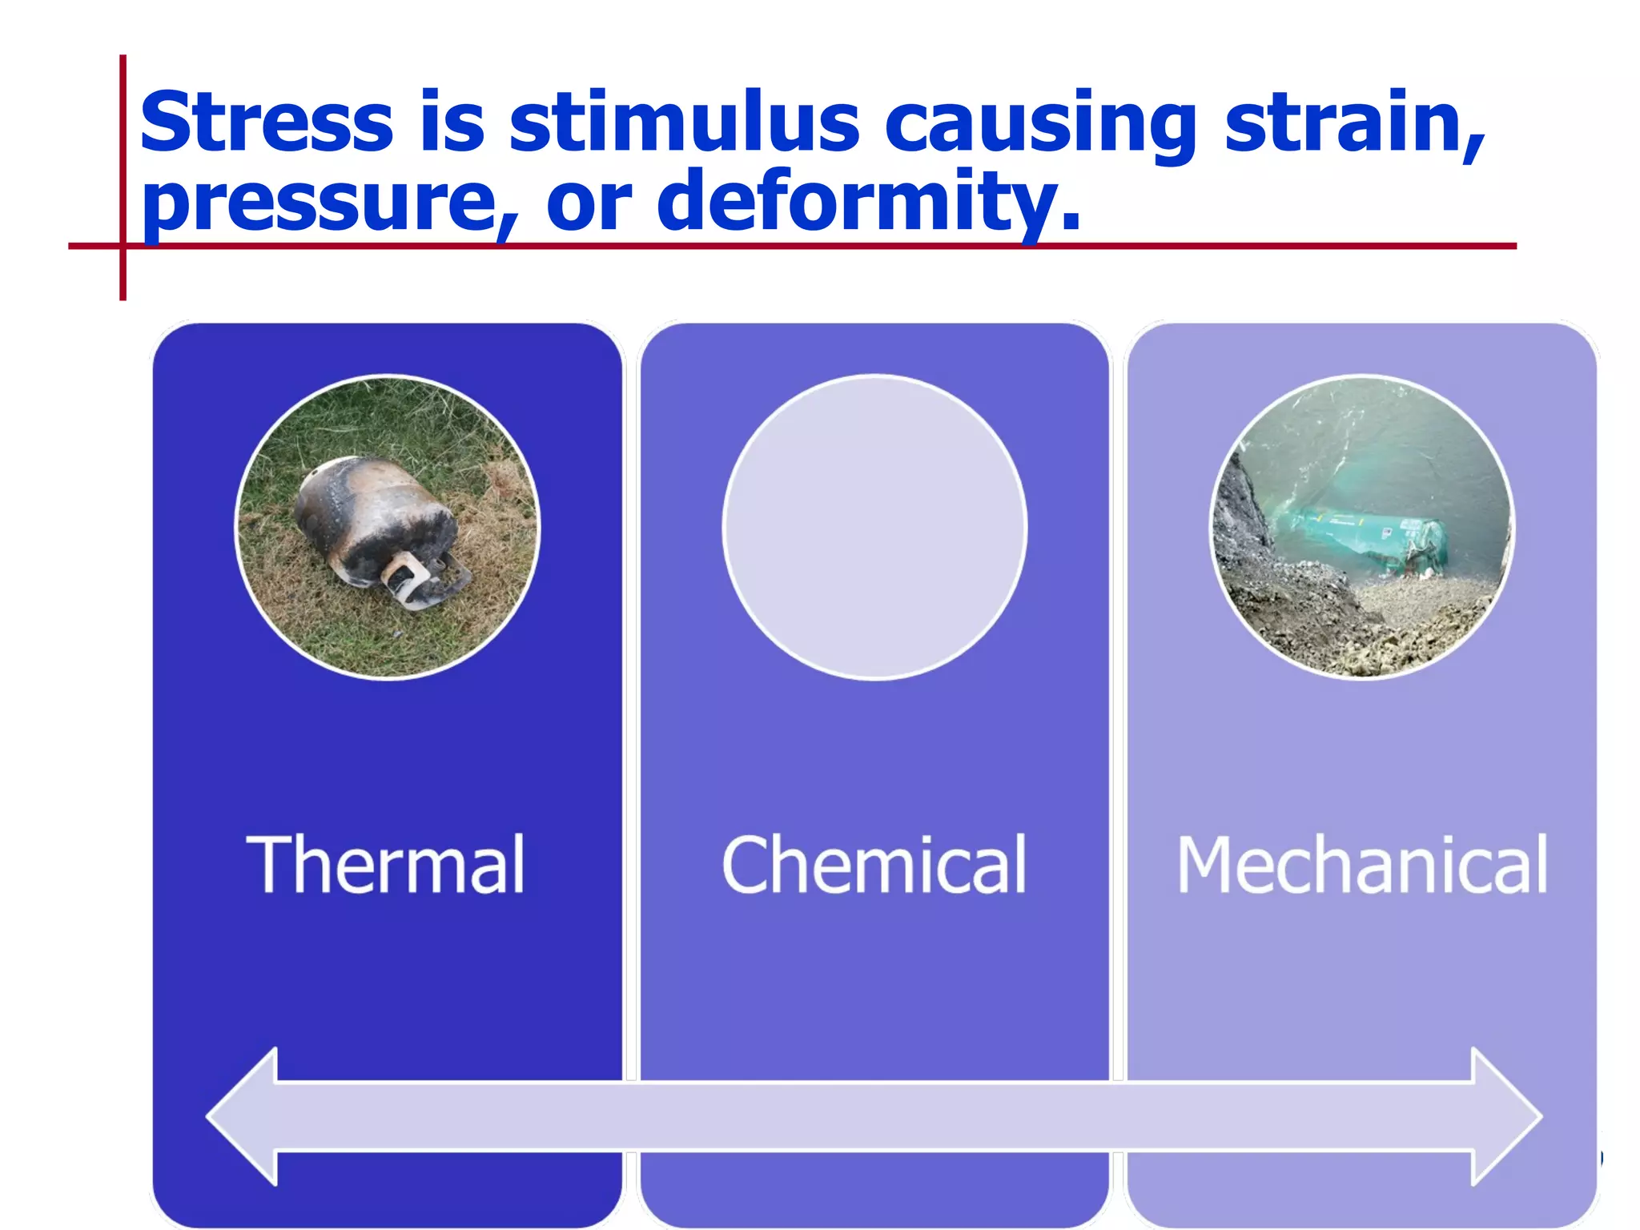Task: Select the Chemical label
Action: pos(874,865)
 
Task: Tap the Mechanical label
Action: pos(1361,865)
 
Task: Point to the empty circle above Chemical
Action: pos(874,527)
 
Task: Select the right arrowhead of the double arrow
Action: pos(1505,1116)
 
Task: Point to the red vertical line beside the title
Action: pos(123,160)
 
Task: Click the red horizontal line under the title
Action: pos(801,246)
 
